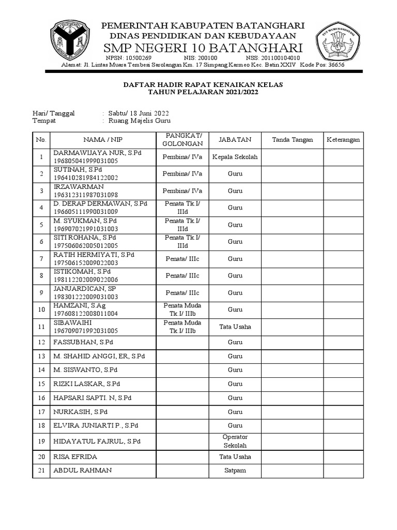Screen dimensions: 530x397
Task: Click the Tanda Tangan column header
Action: pyautogui.click(x=292, y=140)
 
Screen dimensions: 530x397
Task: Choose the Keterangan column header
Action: pyautogui.click(x=343, y=140)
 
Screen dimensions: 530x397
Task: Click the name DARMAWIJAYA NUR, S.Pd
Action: pyautogui.click(x=98, y=153)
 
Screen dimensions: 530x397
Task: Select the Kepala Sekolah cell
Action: pyautogui.click(x=235, y=157)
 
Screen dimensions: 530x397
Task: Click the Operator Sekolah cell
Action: pyautogui.click(x=235, y=441)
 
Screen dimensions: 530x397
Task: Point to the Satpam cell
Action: pyautogui.click(x=235, y=470)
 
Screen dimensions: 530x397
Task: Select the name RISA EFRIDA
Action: pyautogui.click(x=75, y=457)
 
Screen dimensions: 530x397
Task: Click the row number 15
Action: pyautogui.click(x=41, y=384)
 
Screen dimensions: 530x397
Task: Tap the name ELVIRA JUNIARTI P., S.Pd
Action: pyautogui.click(x=96, y=425)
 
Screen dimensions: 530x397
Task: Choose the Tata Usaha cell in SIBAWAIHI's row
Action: pyautogui.click(x=235, y=327)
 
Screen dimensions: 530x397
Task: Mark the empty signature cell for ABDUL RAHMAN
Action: pyautogui.click(x=292, y=470)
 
